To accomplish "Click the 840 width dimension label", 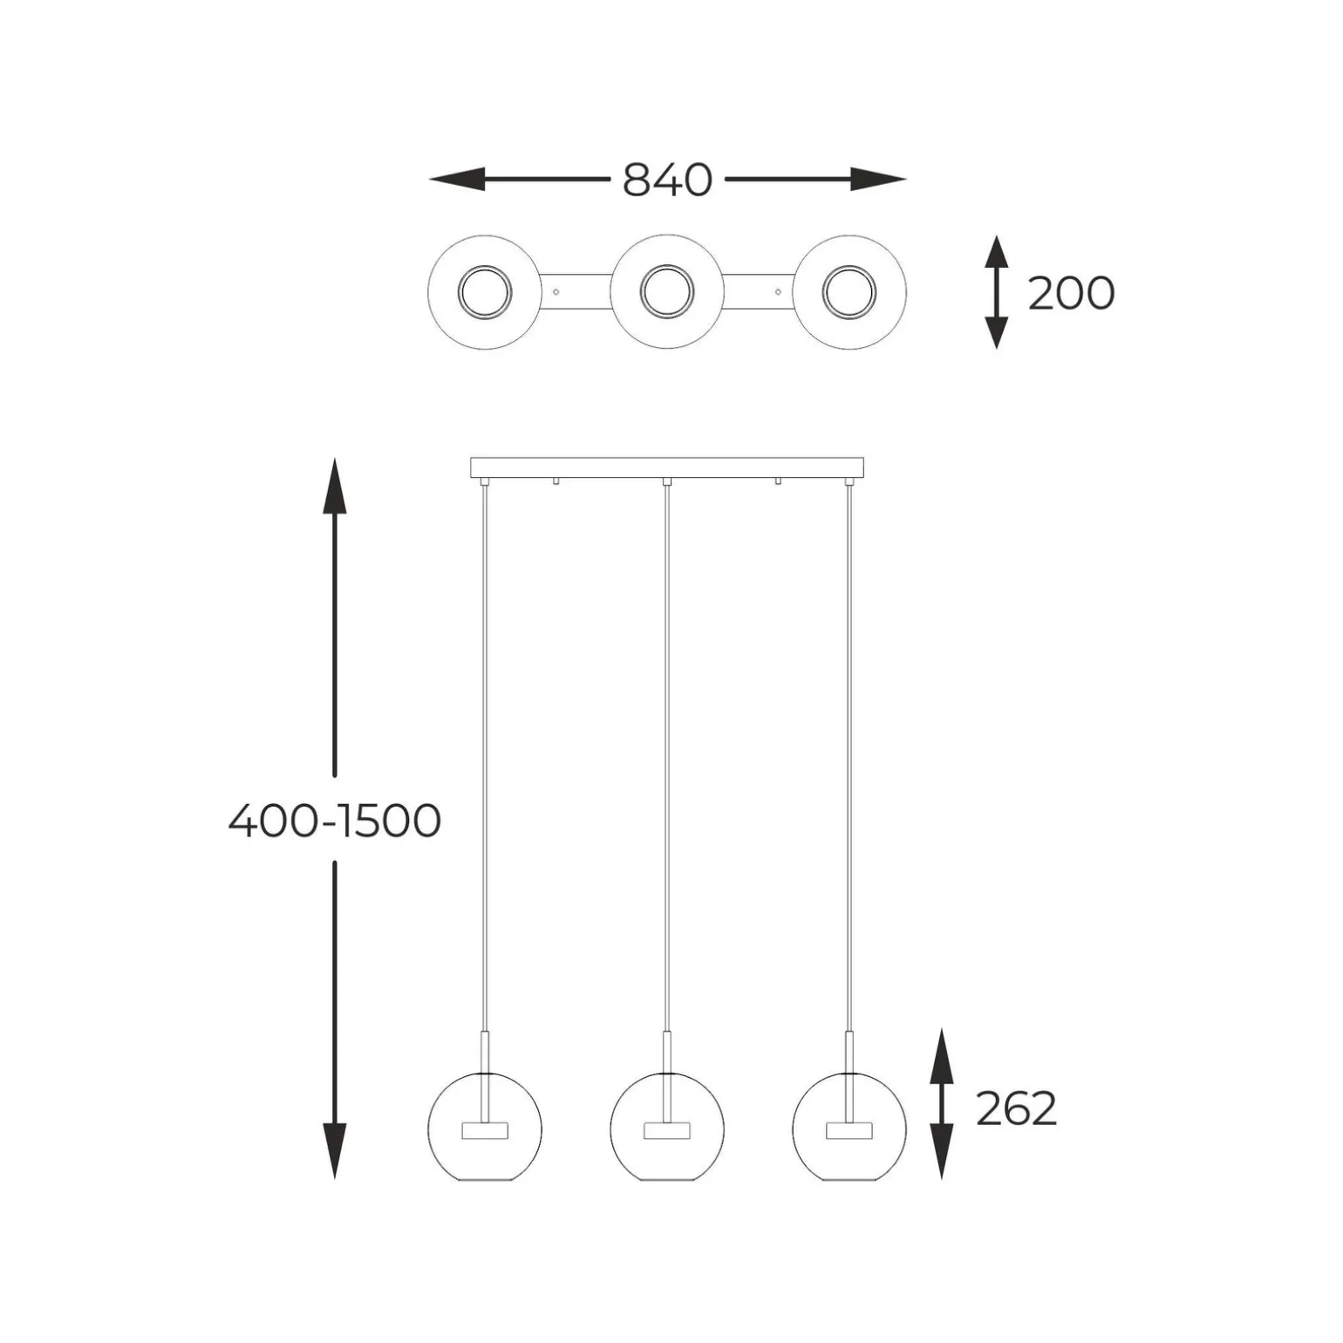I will point(667,181).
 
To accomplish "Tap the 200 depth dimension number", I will point(1071,293).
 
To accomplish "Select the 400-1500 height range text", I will point(335,821).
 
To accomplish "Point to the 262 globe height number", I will point(1016,1109).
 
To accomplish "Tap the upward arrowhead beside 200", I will point(996,252).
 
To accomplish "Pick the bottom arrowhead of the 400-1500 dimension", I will point(335,1150).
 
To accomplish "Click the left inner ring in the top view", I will point(485,292).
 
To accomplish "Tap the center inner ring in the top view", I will point(667,292).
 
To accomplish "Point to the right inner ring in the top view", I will point(849,292).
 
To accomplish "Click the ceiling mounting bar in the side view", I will point(667,468).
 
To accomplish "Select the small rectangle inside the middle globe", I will point(667,1131).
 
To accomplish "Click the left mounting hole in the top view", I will point(556,291).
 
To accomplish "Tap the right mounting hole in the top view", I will point(778,291).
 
